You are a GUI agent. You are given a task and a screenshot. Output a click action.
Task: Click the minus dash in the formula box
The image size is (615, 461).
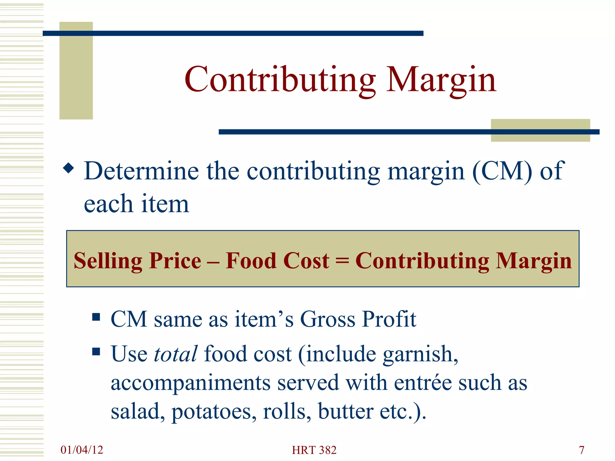pos(213,261)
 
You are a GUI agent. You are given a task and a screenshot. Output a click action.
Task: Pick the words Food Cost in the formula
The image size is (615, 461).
pos(277,261)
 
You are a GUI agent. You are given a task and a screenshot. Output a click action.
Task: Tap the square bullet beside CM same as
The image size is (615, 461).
pos(96,317)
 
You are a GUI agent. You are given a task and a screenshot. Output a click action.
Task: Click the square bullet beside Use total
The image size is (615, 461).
pos(96,351)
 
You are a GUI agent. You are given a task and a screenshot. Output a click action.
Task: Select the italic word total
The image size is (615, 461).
pos(176,354)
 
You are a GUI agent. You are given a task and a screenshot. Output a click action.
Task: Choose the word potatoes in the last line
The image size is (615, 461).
pos(214,411)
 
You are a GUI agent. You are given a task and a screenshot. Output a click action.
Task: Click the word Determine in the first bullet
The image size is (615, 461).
pos(141,171)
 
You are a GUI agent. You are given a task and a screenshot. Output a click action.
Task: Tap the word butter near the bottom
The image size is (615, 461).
pos(345,411)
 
